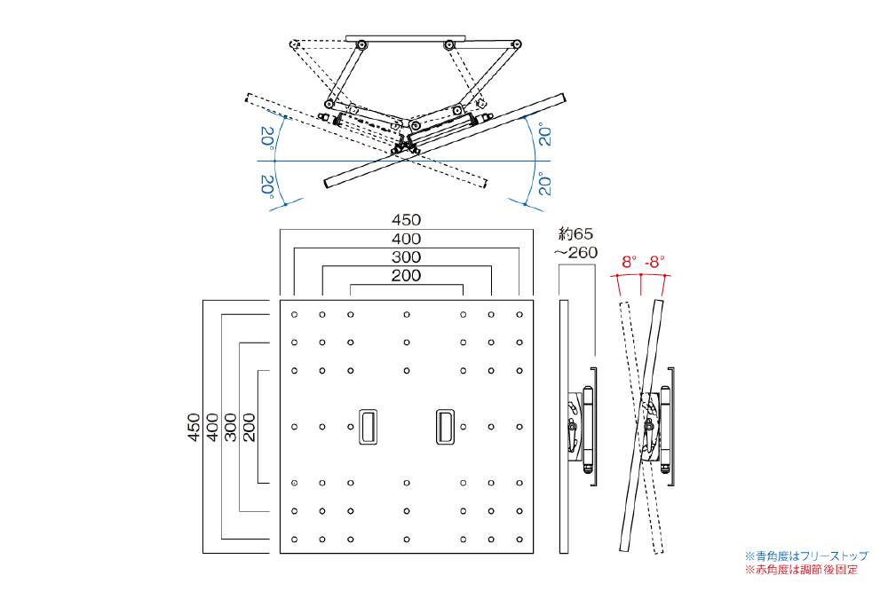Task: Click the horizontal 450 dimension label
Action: click(407, 220)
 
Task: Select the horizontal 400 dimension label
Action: click(407, 239)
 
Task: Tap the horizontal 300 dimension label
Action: click(407, 257)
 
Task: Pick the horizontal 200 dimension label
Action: click(407, 276)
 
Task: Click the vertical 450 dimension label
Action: click(194, 427)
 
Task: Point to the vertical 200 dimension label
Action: click(250, 427)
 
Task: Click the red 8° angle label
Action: click(629, 262)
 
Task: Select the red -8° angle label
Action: click(654, 262)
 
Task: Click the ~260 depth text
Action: click(576, 253)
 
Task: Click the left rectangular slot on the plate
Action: click(367, 426)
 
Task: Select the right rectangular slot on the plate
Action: click(445, 426)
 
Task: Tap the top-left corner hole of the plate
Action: click(294, 314)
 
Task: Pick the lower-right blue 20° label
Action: click(545, 185)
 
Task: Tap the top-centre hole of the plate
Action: click(407, 314)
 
